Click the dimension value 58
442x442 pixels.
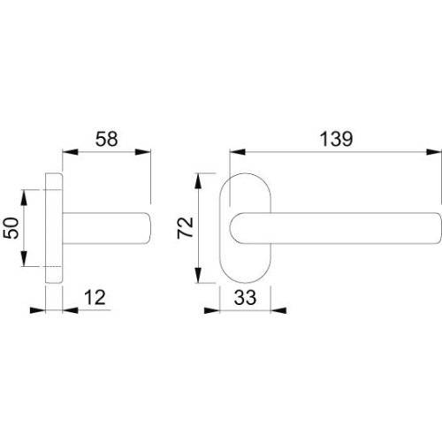point(106,139)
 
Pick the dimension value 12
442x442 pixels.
point(99,298)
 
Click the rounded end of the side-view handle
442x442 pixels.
point(145,228)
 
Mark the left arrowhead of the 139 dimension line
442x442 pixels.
point(235,152)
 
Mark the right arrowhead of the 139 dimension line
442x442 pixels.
point(432,152)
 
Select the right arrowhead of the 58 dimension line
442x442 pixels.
point(146,152)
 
